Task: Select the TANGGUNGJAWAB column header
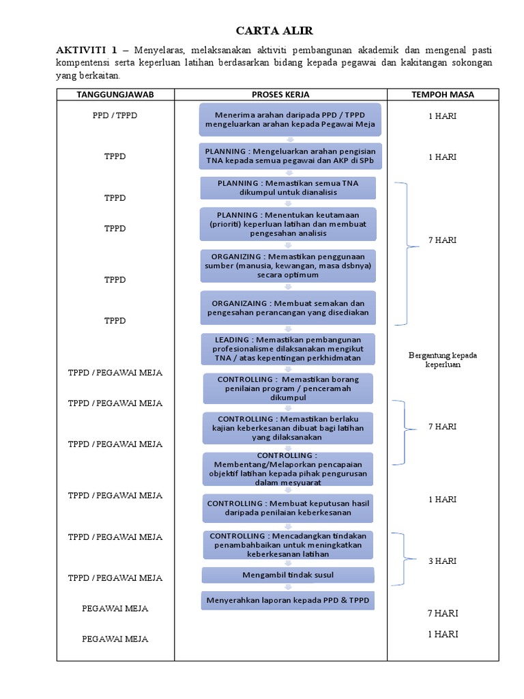(x=115, y=94)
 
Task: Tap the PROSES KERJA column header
(x=280, y=94)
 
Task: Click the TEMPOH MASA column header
(x=442, y=94)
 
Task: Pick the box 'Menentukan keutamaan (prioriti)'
(x=288, y=224)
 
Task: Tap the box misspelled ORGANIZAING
(x=288, y=308)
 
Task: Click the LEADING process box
(x=288, y=349)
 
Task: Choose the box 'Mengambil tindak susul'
(x=288, y=575)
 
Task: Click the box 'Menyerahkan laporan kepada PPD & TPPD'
(x=288, y=601)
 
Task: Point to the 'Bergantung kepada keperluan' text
(x=442, y=360)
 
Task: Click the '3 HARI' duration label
(x=442, y=561)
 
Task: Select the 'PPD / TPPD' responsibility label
(x=115, y=115)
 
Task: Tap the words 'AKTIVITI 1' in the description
(x=87, y=51)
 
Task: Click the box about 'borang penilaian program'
(x=288, y=388)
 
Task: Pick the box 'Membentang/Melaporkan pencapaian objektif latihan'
(x=288, y=468)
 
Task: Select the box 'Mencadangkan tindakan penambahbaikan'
(x=288, y=545)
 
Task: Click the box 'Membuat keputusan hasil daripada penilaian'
(x=288, y=508)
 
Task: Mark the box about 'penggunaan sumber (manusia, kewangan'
(x=288, y=266)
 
